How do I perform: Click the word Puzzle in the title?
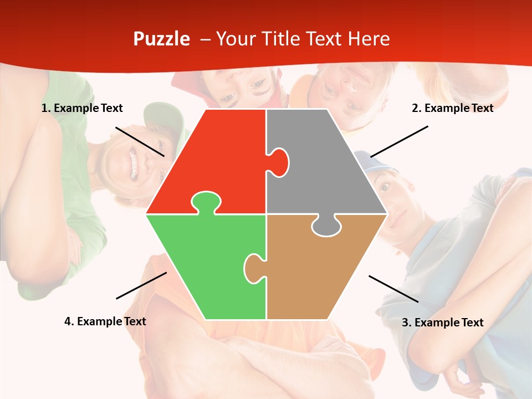pyautogui.click(x=161, y=39)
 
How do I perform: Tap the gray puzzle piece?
pyautogui.click(x=321, y=166)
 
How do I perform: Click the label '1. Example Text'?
pyautogui.click(x=82, y=109)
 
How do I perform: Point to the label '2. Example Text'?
pyautogui.click(x=452, y=109)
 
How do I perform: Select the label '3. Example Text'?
pyautogui.click(x=442, y=323)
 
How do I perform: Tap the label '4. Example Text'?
pyautogui.click(x=105, y=321)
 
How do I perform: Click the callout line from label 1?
pyautogui.click(x=140, y=141)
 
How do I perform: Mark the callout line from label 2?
pyautogui.click(x=399, y=141)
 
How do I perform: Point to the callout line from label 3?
pyautogui.click(x=393, y=289)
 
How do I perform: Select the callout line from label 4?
pyautogui.click(x=141, y=285)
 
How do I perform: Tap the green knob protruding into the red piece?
pyautogui.click(x=206, y=201)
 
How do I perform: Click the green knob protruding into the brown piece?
pyautogui.click(x=254, y=268)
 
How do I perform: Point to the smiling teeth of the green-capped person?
pyautogui.click(x=132, y=164)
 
